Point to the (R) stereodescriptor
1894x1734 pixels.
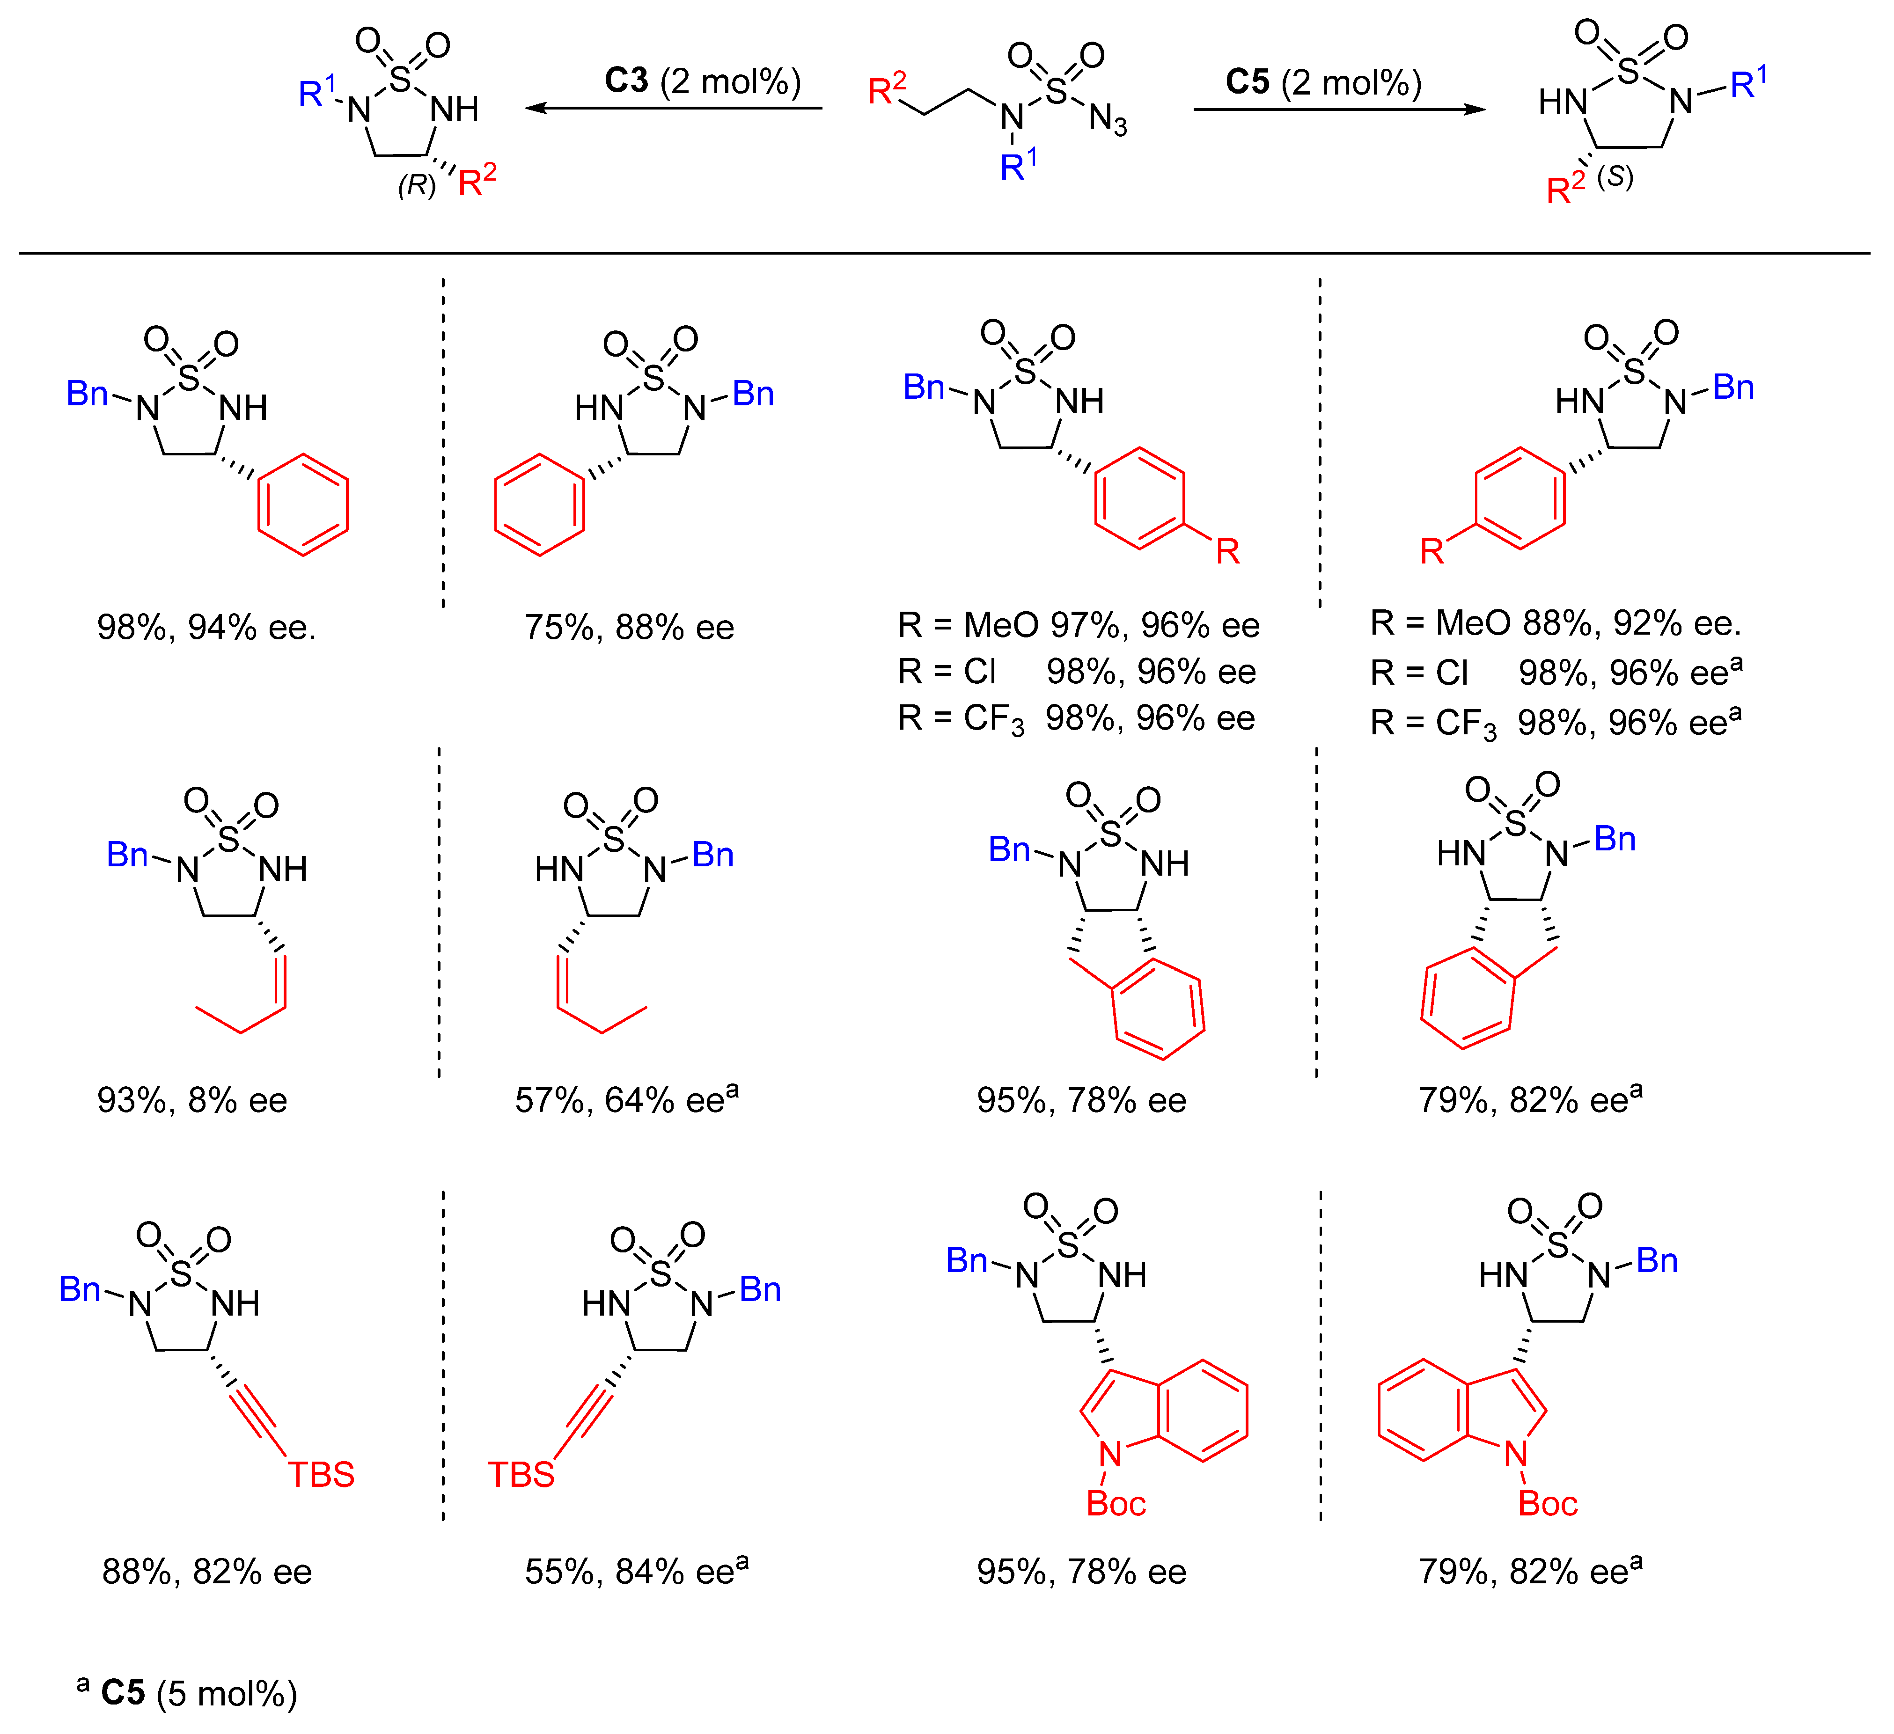[416, 185]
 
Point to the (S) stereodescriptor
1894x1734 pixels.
[1615, 176]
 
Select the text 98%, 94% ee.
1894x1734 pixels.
[207, 628]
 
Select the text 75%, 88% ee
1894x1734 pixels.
[629, 628]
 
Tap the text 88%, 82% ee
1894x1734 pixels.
[207, 1572]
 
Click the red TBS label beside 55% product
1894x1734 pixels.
[521, 1475]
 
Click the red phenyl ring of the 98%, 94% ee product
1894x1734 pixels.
[302, 505]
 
